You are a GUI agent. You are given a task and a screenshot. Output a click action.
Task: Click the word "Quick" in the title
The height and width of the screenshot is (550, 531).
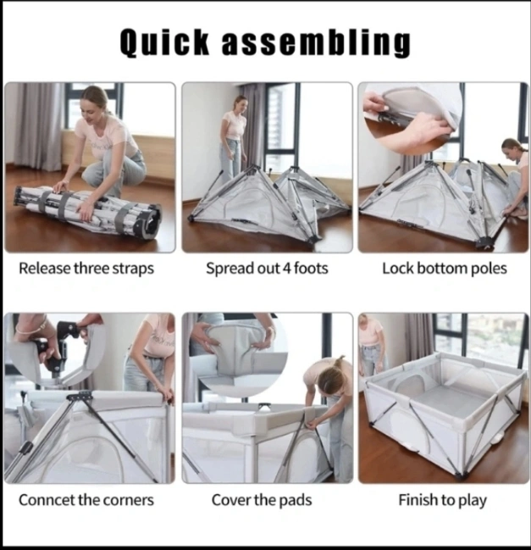pyautogui.click(x=165, y=42)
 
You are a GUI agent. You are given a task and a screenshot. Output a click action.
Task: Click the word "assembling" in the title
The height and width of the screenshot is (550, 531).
pyautogui.click(x=316, y=42)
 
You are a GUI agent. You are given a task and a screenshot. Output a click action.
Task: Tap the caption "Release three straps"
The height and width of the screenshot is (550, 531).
pyautogui.click(x=86, y=269)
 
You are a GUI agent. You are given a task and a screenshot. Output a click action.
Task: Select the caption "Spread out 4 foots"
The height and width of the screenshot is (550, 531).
pyautogui.click(x=267, y=269)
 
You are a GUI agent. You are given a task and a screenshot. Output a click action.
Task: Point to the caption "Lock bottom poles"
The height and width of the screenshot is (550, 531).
pyautogui.click(x=445, y=269)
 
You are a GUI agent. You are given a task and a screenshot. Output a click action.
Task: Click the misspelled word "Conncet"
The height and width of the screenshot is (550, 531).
pyautogui.click(x=46, y=500)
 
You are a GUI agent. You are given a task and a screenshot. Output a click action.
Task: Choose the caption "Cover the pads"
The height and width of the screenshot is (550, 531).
pyautogui.click(x=262, y=500)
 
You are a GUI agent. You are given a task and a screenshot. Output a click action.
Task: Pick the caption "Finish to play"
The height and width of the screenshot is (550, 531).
pyautogui.click(x=442, y=500)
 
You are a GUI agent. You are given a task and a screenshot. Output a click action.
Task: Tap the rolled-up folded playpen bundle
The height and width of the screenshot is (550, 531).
pyautogui.click(x=87, y=212)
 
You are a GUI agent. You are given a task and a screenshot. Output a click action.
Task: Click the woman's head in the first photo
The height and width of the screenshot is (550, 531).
pyautogui.click(x=95, y=102)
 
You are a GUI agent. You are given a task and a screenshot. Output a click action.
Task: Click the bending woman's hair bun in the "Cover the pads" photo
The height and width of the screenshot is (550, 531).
pyautogui.click(x=339, y=361)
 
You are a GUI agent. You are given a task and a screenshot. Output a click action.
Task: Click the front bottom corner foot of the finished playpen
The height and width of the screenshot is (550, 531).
pyautogui.click(x=458, y=475)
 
